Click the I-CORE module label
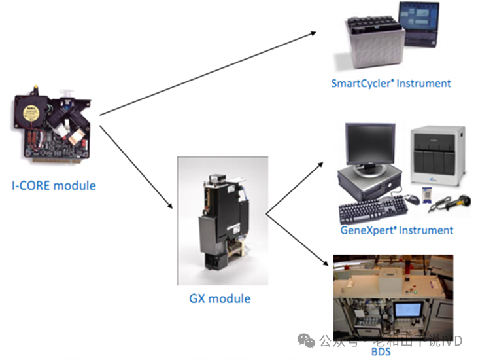54,185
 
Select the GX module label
220,298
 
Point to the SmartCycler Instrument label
391,83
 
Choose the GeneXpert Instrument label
397,230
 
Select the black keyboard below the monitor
373,209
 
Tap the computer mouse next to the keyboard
412,198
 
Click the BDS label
381,352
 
